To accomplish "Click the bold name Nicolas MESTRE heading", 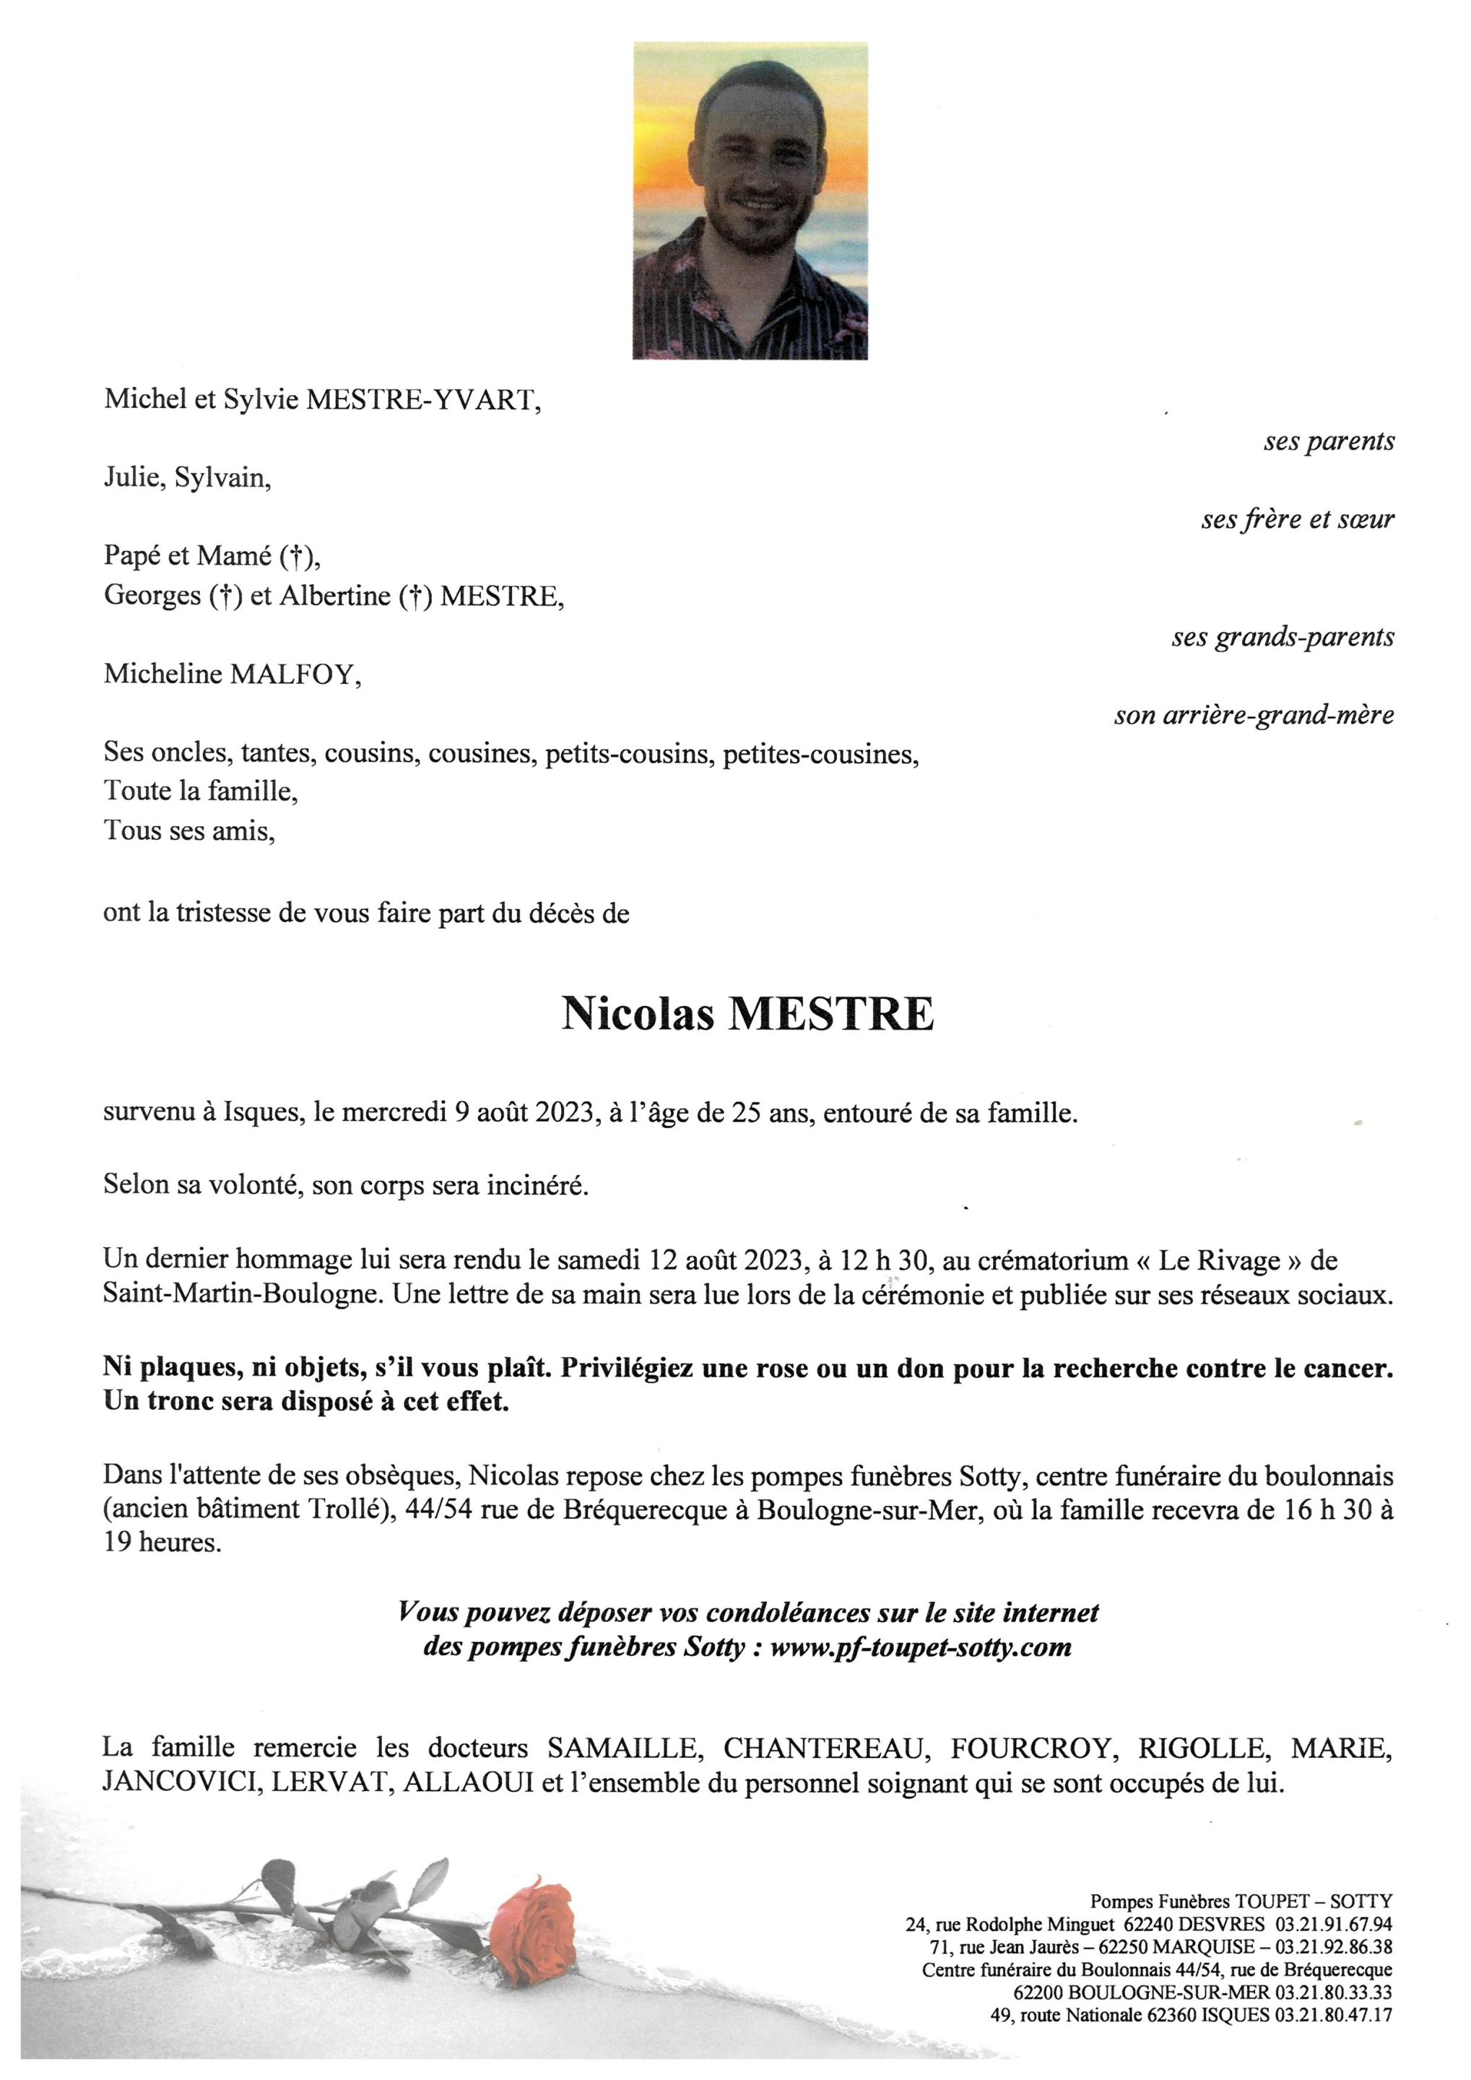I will (x=747, y=1014).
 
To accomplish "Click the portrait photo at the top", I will (x=750, y=200).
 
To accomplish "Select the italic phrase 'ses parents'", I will (x=1329, y=442).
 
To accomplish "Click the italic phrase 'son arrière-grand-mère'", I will (x=1254, y=716).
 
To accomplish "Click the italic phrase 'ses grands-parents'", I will (x=1283, y=637).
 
